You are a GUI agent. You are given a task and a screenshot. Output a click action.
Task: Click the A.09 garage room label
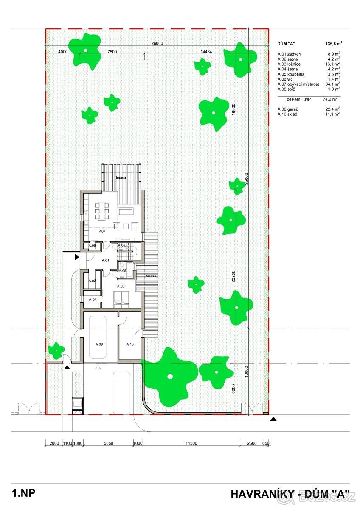pyautogui.click(x=99, y=344)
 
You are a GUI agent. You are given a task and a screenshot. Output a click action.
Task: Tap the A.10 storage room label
pyautogui.click(x=130, y=344)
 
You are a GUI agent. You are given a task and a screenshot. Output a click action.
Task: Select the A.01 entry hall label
pyautogui.click(x=105, y=260)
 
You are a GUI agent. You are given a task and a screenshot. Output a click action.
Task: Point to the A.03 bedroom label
pyautogui.click(x=121, y=286)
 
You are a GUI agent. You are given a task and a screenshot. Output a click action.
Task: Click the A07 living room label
pyautogui.click(x=102, y=231)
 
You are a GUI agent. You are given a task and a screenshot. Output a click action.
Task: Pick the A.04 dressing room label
pyautogui.click(x=93, y=299)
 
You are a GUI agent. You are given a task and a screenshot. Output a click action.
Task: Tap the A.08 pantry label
pyautogui.click(x=92, y=246)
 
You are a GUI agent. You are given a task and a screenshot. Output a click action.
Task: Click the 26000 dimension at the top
pyautogui.click(x=157, y=43)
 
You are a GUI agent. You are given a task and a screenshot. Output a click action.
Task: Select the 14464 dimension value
pyautogui.click(x=206, y=52)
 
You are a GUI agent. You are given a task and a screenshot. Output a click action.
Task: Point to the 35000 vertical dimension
pyautogui.click(x=247, y=179)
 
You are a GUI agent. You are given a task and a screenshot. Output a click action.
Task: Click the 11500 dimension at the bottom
pyautogui.click(x=191, y=443)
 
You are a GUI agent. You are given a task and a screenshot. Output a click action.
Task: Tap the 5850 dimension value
pyautogui.click(x=108, y=443)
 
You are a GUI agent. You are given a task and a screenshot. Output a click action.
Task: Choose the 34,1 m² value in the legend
pyautogui.click(x=332, y=84)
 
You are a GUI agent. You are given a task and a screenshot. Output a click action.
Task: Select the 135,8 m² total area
pyautogui.click(x=334, y=43)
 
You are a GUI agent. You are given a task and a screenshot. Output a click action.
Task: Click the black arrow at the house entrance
pyautogui.click(x=77, y=257)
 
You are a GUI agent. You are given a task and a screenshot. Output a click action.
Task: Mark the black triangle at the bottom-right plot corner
pyautogui.click(x=273, y=419)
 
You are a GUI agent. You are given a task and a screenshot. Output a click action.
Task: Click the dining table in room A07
pyautogui.click(x=101, y=211)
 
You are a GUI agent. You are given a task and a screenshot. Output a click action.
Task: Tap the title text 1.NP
pyautogui.click(x=24, y=492)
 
